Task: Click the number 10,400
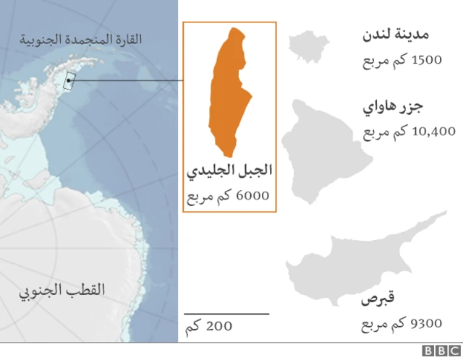[432, 132]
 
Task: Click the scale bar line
[226, 314]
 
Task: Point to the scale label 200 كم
[210, 326]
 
